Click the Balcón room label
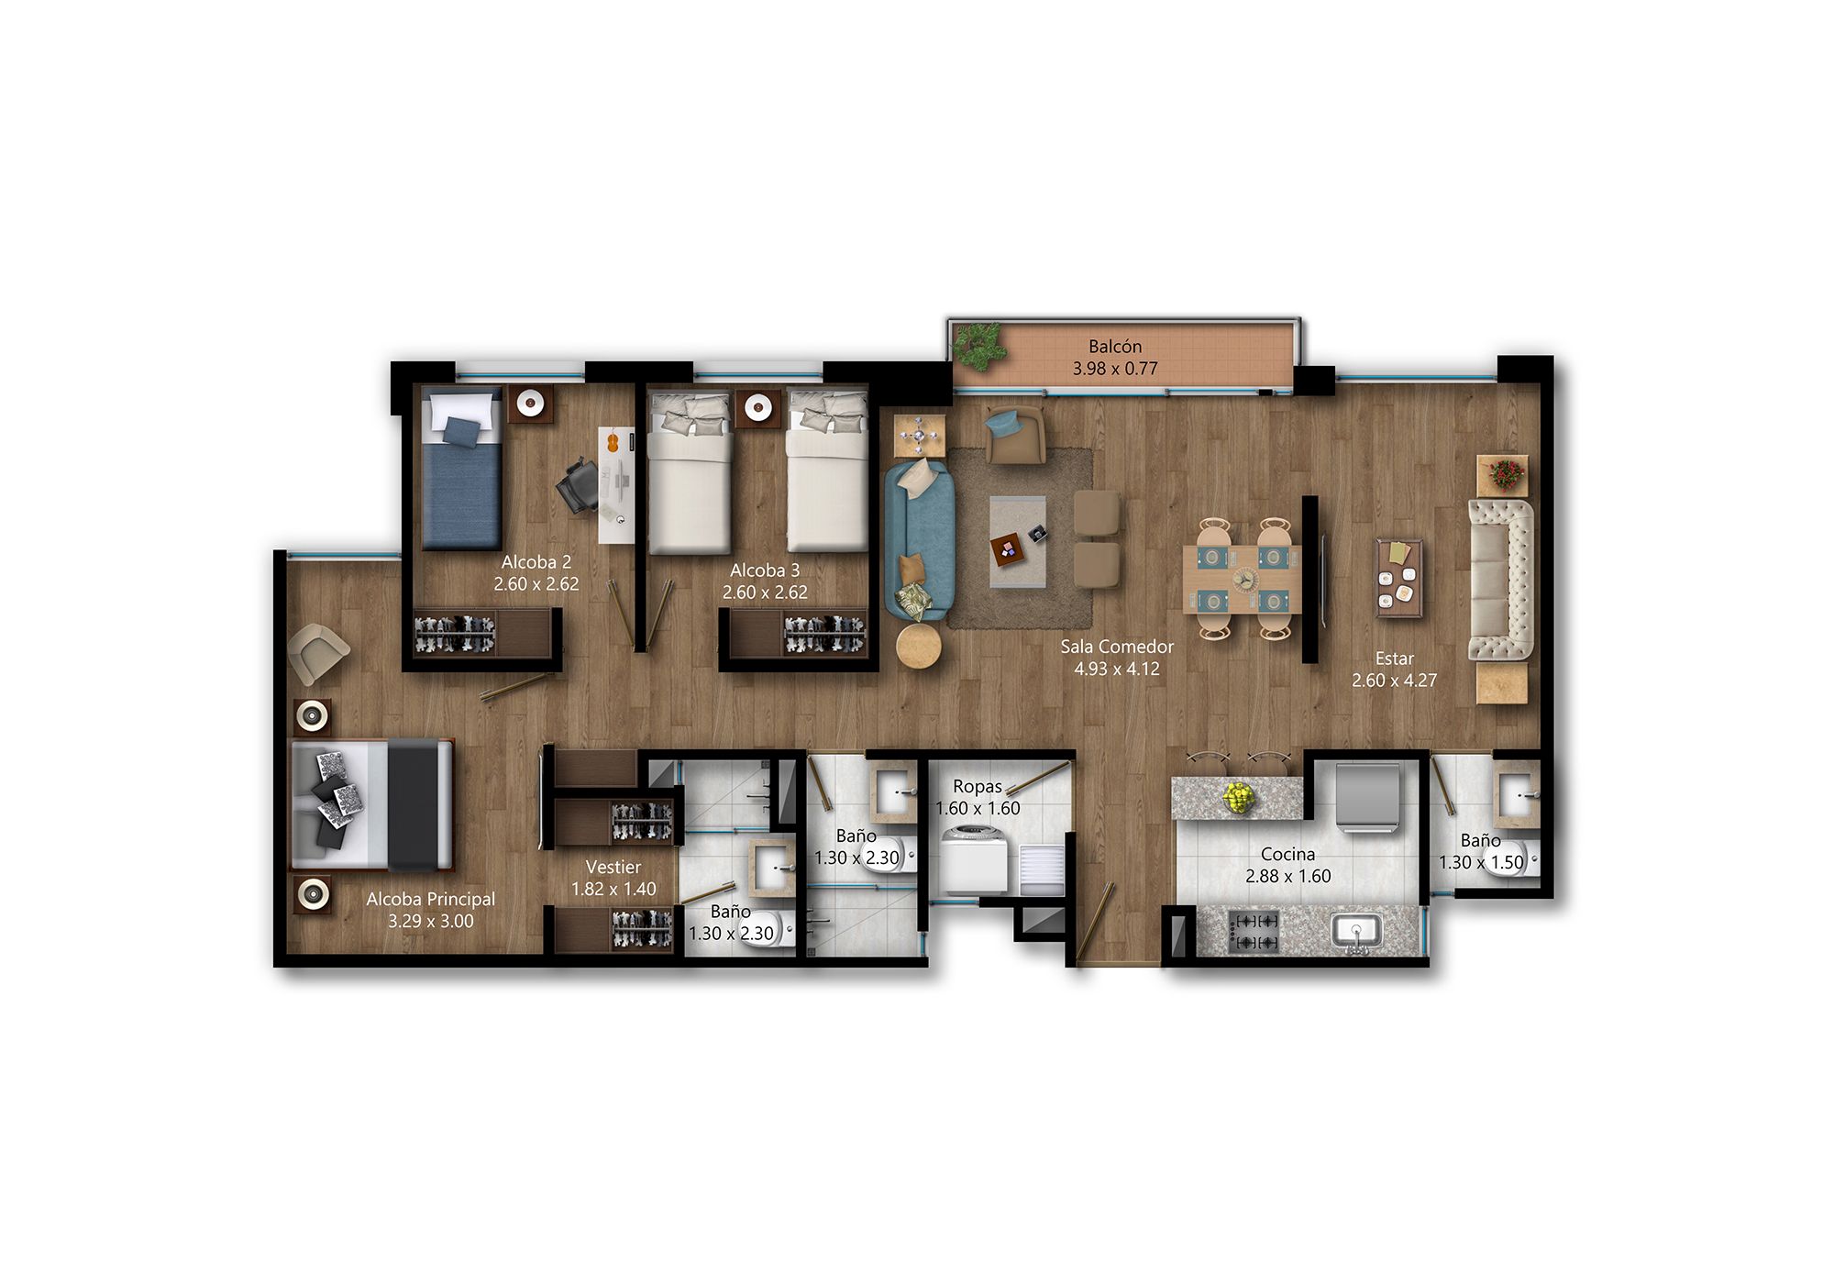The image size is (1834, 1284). (x=1115, y=347)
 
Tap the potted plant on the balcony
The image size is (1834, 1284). (x=978, y=347)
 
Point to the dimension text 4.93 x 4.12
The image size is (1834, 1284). (x=1117, y=670)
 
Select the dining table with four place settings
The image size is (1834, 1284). (x=1242, y=579)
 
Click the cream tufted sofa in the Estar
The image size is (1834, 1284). (x=1500, y=579)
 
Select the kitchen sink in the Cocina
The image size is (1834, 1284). (x=1357, y=932)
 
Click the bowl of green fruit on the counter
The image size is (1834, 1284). (x=1240, y=796)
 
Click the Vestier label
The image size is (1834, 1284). (x=613, y=867)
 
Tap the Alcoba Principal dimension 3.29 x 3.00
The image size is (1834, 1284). (x=430, y=922)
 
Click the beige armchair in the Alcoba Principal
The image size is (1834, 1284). (x=315, y=651)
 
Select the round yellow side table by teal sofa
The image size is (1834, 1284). (x=918, y=647)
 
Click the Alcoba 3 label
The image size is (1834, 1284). (x=765, y=570)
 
